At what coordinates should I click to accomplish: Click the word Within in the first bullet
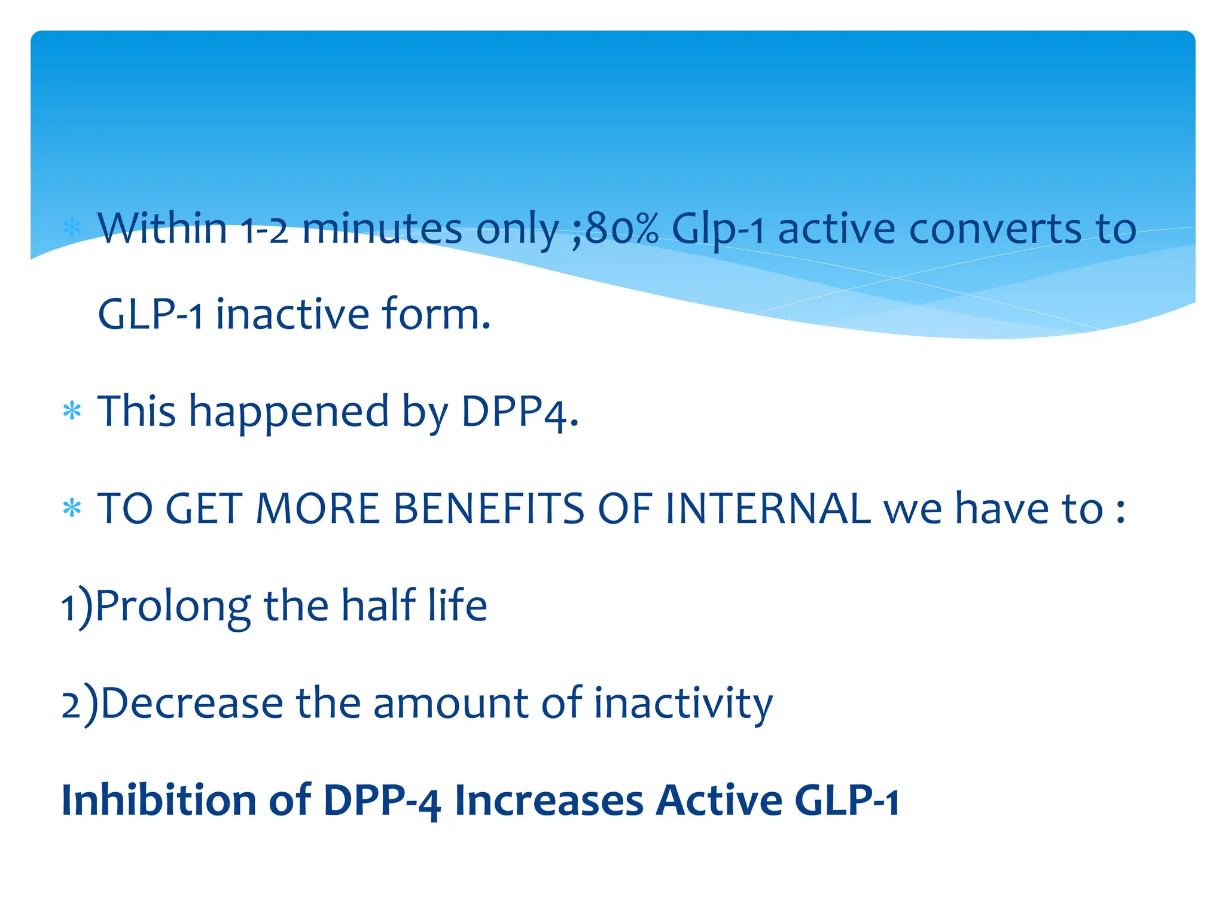(x=162, y=229)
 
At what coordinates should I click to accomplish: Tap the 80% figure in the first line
(x=621, y=229)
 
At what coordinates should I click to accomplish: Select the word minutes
(x=382, y=229)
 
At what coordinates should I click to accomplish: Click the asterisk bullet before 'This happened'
(x=72, y=412)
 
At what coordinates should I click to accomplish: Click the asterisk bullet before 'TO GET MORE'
(x=72, y=509)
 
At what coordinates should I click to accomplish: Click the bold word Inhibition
(x=159, y=801)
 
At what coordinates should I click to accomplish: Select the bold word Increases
(x=548, y=801)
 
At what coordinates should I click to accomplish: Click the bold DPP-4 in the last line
(x=382, y=801)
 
